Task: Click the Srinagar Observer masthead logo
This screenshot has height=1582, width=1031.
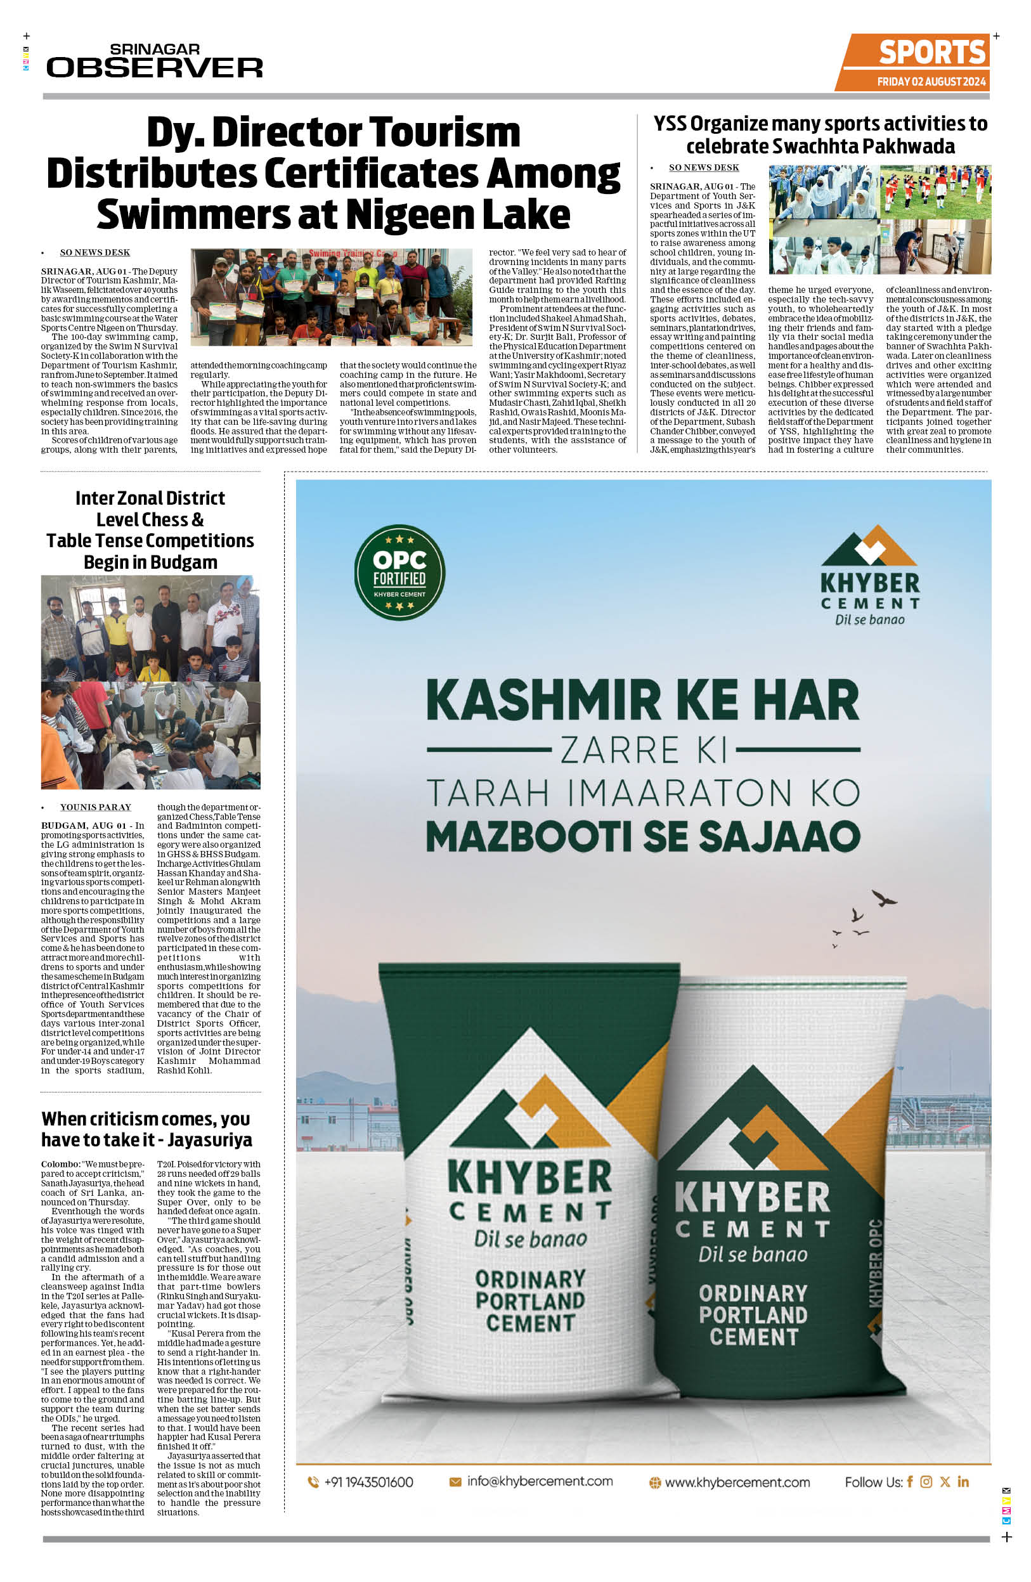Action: tap(154, 61)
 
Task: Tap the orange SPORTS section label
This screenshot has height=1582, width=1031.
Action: tap(931, 53)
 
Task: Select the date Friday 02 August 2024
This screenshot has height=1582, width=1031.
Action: tap(931, 82)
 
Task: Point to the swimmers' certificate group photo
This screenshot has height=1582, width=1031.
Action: tap(331, 297)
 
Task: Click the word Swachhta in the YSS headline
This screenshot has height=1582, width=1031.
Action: tap(819, 146)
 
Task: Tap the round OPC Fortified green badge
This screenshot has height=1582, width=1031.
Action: tap(399, 573)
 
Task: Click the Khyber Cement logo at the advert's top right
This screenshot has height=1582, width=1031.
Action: tap(869, 575)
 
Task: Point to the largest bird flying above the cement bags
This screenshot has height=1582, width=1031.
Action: tap(884, 899)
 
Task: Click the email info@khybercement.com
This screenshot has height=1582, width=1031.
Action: tap(539, 1481)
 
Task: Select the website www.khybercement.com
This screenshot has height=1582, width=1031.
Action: tap(737, 1482)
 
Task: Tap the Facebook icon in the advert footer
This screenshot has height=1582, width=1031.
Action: tap(909, 1481)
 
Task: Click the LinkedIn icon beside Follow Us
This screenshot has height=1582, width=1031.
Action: tap(963, 1481)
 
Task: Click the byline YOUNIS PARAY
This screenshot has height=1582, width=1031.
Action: tap(96, 807)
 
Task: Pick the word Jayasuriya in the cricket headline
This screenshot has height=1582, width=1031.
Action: tap(209, 1139)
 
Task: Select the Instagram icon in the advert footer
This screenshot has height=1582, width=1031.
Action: tap(926, 1481)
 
